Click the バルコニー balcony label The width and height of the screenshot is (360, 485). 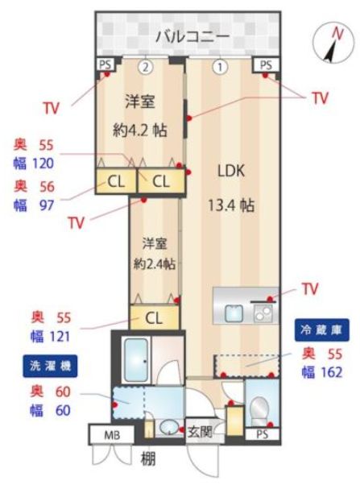point(192,36)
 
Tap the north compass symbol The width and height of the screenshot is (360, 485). point(333,43)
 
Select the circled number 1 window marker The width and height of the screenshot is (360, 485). point(220,67)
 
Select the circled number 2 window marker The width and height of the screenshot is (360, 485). point(146,67)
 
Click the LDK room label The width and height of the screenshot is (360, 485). point(231,171)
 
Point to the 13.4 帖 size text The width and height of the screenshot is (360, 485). point(231,205)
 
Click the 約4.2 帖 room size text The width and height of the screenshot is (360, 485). point(140,131)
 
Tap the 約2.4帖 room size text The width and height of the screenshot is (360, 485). point(155,263)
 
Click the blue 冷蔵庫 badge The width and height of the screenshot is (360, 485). point(321,330)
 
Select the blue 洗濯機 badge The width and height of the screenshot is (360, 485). point(50,366)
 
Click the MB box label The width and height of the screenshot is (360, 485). point(112,435)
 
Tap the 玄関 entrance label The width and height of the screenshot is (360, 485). point(200,432)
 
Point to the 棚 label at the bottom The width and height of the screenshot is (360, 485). point(148,458)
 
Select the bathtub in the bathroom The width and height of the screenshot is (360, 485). point(136,360)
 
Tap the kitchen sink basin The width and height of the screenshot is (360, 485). point(234,313)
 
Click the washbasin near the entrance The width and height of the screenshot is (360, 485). point(169,428)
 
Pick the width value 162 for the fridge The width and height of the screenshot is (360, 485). point(331,372)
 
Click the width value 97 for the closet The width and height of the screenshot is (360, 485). point(47,205)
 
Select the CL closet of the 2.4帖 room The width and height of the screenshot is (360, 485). point(155,317)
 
